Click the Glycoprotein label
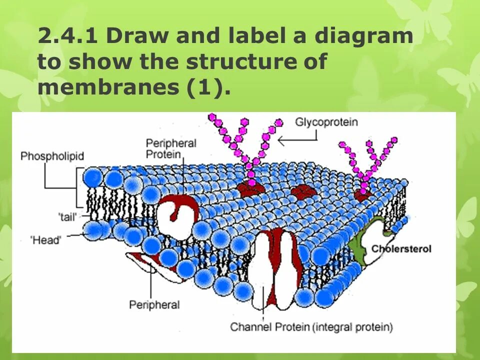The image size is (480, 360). (x=326, y=122)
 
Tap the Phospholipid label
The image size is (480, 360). (x=52, y=156)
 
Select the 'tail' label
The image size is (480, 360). (x=66, y=216)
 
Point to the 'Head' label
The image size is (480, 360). (x=46, y=240)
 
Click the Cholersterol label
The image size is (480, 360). (x=401, y=248)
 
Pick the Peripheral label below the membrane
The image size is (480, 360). (x=154, y=304)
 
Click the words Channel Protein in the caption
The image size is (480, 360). (x=269, y=327)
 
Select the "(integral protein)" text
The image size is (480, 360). (x=352, y=327)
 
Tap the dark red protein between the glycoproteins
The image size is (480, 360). (x=301, y=191)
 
